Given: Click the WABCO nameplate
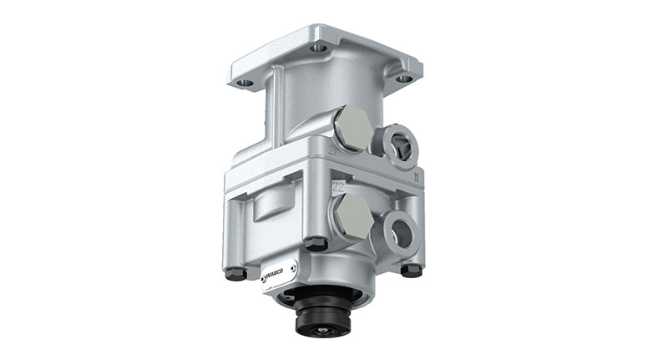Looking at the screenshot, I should (x=278, y=274).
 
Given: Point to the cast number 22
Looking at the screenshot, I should (x=339, y=185).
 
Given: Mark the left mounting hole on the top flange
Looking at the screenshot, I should (x=245, y=84).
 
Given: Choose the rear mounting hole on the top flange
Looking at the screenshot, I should (x=318, y=48).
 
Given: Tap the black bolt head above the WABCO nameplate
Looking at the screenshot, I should (x=314, y=244).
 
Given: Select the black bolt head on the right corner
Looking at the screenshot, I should (x=410, y=271).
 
